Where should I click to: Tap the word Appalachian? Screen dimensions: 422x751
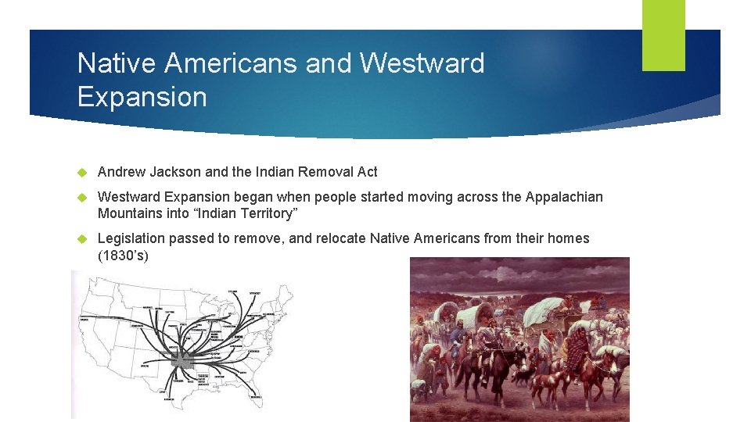(560, 197)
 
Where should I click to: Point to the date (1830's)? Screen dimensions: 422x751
(123, 256)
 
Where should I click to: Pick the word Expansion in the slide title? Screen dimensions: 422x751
(142, 97)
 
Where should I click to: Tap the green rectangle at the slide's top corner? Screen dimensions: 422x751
(663, 35)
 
